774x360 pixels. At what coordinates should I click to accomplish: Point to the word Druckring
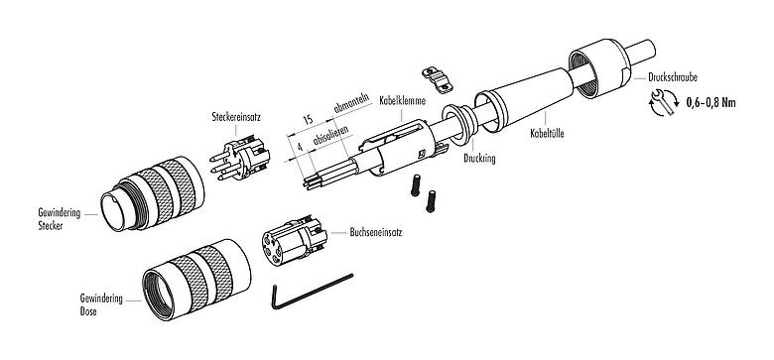coord(481,157)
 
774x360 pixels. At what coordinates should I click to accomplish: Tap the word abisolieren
coord(330,137)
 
